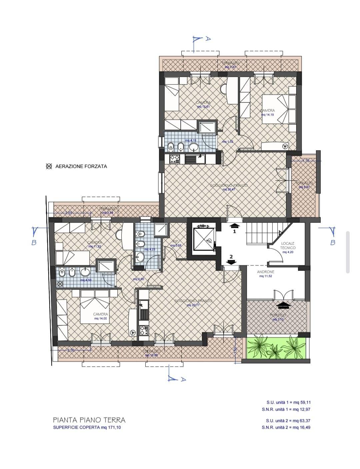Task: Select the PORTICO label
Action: coord(278,315)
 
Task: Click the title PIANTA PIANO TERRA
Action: coord(89,420)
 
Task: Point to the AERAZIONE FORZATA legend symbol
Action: coord(49,166)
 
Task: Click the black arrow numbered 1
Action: coord(234,226)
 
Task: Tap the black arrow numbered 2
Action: coord(231,262)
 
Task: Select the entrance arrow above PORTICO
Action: coord(284,305)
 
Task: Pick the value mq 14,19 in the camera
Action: coord(267,115)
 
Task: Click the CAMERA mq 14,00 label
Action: coord(100,316)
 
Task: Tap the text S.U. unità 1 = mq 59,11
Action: coord(288,403)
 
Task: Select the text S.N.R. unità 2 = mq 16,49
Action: coord(286,427)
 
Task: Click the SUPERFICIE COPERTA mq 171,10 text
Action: coord(87,428)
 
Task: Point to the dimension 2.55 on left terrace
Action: coord(69,212)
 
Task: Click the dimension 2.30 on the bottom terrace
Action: coord(71,350)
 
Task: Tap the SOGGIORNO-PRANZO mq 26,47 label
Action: coord(229,187)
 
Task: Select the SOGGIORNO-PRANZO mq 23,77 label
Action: coord(193,303)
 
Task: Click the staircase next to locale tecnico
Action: coord(263,233)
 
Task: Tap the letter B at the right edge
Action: coord(332,243)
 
